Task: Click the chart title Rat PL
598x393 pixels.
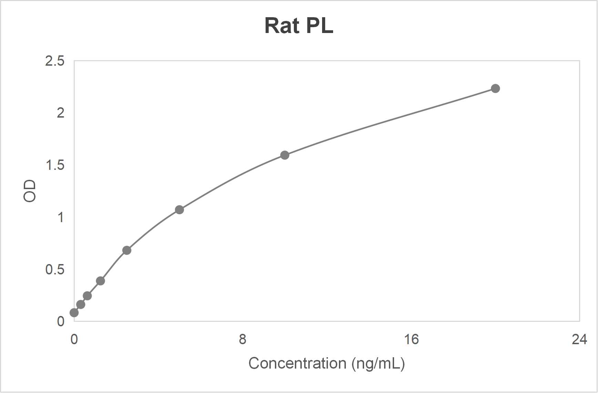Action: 299,26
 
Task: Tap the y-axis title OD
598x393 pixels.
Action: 30,191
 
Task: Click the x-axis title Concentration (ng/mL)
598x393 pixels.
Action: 326,363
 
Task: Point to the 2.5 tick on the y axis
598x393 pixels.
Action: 55,61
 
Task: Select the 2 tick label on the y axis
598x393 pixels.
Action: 60,113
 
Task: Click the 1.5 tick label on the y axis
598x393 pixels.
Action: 55,165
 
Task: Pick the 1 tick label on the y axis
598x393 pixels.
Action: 61,217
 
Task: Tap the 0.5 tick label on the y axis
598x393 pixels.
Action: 55,270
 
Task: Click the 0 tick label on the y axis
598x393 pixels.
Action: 61,321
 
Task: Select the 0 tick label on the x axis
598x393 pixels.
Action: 74,339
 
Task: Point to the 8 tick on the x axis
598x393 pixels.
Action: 243,339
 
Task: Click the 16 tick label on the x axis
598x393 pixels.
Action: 411,339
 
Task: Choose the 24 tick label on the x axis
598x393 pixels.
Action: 579,339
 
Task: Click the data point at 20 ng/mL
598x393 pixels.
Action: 495,89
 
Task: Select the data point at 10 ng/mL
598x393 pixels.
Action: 285,155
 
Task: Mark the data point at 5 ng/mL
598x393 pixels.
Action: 179,210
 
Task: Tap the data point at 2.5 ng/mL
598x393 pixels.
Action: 126,250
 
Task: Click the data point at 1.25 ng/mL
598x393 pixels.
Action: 100,281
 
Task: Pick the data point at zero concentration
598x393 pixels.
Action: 74,313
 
